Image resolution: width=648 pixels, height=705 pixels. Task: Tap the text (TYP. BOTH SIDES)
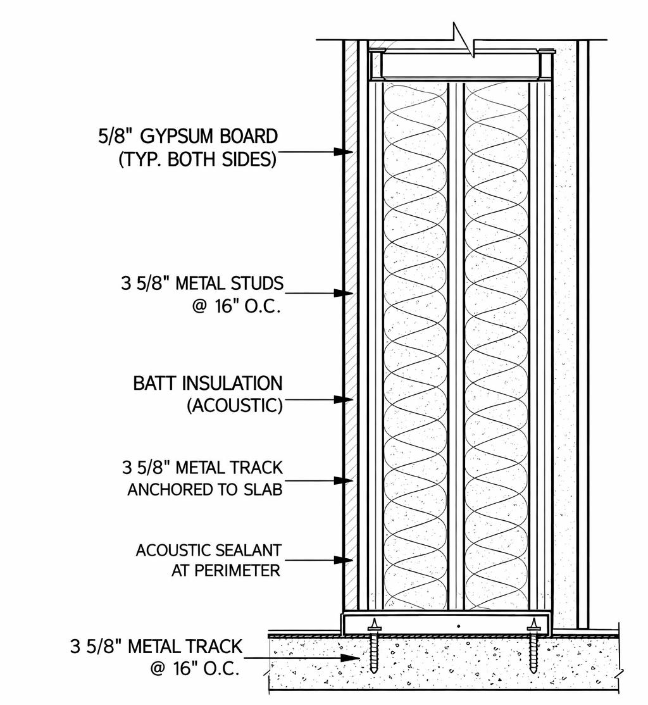coord(197,159)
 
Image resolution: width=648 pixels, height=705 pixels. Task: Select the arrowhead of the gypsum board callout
coord(344,153)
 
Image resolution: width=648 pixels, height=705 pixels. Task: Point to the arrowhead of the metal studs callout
coord(344,293)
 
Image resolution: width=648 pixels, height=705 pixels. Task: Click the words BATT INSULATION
coord(208,383)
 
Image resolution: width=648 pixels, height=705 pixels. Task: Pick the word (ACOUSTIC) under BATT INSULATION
coord(234,406)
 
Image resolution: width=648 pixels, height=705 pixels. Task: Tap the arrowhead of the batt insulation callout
coord(344,399)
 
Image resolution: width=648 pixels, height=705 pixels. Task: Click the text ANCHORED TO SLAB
coord(204,490)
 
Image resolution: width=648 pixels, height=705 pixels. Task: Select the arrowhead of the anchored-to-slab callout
coord(344,481)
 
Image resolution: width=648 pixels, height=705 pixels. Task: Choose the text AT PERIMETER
coord(226,570)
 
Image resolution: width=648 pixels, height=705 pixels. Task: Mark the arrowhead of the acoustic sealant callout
coord(344,560)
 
